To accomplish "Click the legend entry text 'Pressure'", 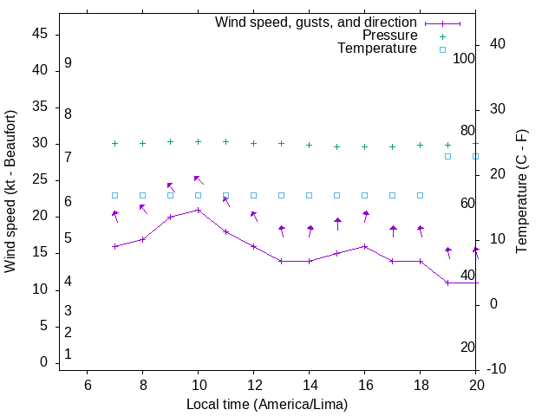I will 389,36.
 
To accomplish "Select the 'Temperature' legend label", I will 377,49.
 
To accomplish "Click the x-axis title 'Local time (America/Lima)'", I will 267,404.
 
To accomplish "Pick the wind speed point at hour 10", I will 199,210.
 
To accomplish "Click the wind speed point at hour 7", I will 115,246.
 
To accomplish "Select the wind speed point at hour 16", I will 365,246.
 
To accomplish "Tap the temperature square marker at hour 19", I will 448,156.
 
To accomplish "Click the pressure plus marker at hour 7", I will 115,143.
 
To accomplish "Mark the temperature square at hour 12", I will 254,195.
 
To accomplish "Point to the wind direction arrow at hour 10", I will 199,179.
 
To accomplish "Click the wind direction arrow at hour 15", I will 337,223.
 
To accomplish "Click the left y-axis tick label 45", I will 41,34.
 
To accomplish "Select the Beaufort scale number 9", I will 68,63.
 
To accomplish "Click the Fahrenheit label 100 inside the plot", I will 464,59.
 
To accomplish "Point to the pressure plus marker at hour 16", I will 365,146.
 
